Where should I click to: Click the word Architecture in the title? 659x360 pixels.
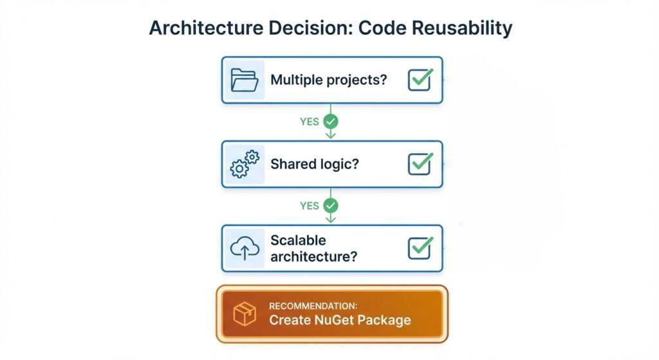click(206, 28)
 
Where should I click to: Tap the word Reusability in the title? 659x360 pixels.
click(462, 28)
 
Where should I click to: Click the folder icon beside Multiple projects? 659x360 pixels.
click(244, 80)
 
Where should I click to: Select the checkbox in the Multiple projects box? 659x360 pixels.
click(420, 79)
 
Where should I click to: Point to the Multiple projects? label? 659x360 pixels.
click(328, 80)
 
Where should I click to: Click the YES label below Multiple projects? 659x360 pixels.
click(310, 122)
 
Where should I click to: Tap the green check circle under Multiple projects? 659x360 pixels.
click(331, 122)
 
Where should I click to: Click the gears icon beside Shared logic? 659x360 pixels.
click(245, 164)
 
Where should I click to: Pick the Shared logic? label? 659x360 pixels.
click(314, 164)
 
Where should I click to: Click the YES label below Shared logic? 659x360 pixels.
click(310, 205)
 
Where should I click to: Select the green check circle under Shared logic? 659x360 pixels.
click(331, 205)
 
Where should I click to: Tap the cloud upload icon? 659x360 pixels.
click(245, 248)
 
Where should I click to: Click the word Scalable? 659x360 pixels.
click(298, 240)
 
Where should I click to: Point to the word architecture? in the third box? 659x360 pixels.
click(313, 256)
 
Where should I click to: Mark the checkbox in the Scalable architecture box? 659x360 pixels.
click(420, 247)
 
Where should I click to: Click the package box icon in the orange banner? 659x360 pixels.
click(245, 314)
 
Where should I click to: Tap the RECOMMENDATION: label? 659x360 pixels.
click(313, 306)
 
